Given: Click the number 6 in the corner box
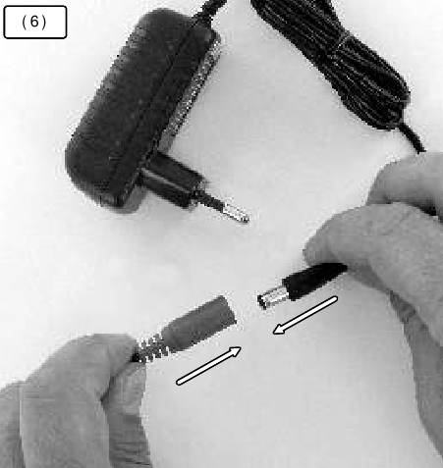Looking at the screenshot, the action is [x=34, y=22].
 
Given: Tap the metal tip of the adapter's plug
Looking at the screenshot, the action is [x=235, y=213].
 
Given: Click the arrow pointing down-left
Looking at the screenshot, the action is [x=305, y=315].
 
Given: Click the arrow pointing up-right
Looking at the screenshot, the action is [x=208, y=366].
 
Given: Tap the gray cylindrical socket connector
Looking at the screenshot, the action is [x=198, y=324].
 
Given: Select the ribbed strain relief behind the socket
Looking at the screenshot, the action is [x=150, y=349].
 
